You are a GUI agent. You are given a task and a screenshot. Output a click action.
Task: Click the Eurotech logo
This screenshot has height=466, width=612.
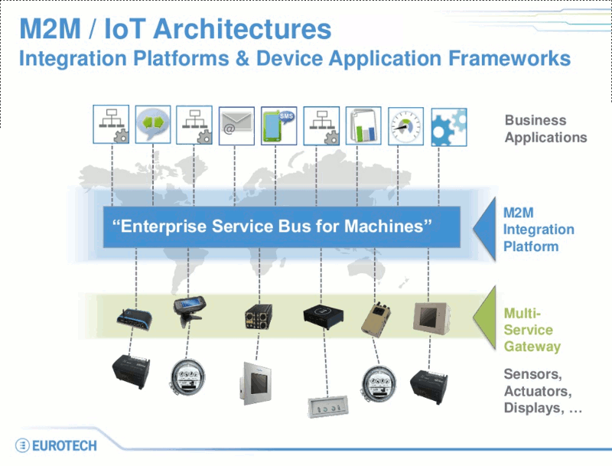click(x=56, y=445)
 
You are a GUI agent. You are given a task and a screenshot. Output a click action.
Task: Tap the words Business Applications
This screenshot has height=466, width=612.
click(x=545, y=129)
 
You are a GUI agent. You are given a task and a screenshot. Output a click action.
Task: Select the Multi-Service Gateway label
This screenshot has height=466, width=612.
click(x=532, y=330)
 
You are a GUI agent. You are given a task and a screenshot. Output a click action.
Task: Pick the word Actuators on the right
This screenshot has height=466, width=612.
click(x=536, y=391)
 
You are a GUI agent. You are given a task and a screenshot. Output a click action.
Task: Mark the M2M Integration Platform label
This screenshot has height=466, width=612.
click(x=538, y=229)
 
